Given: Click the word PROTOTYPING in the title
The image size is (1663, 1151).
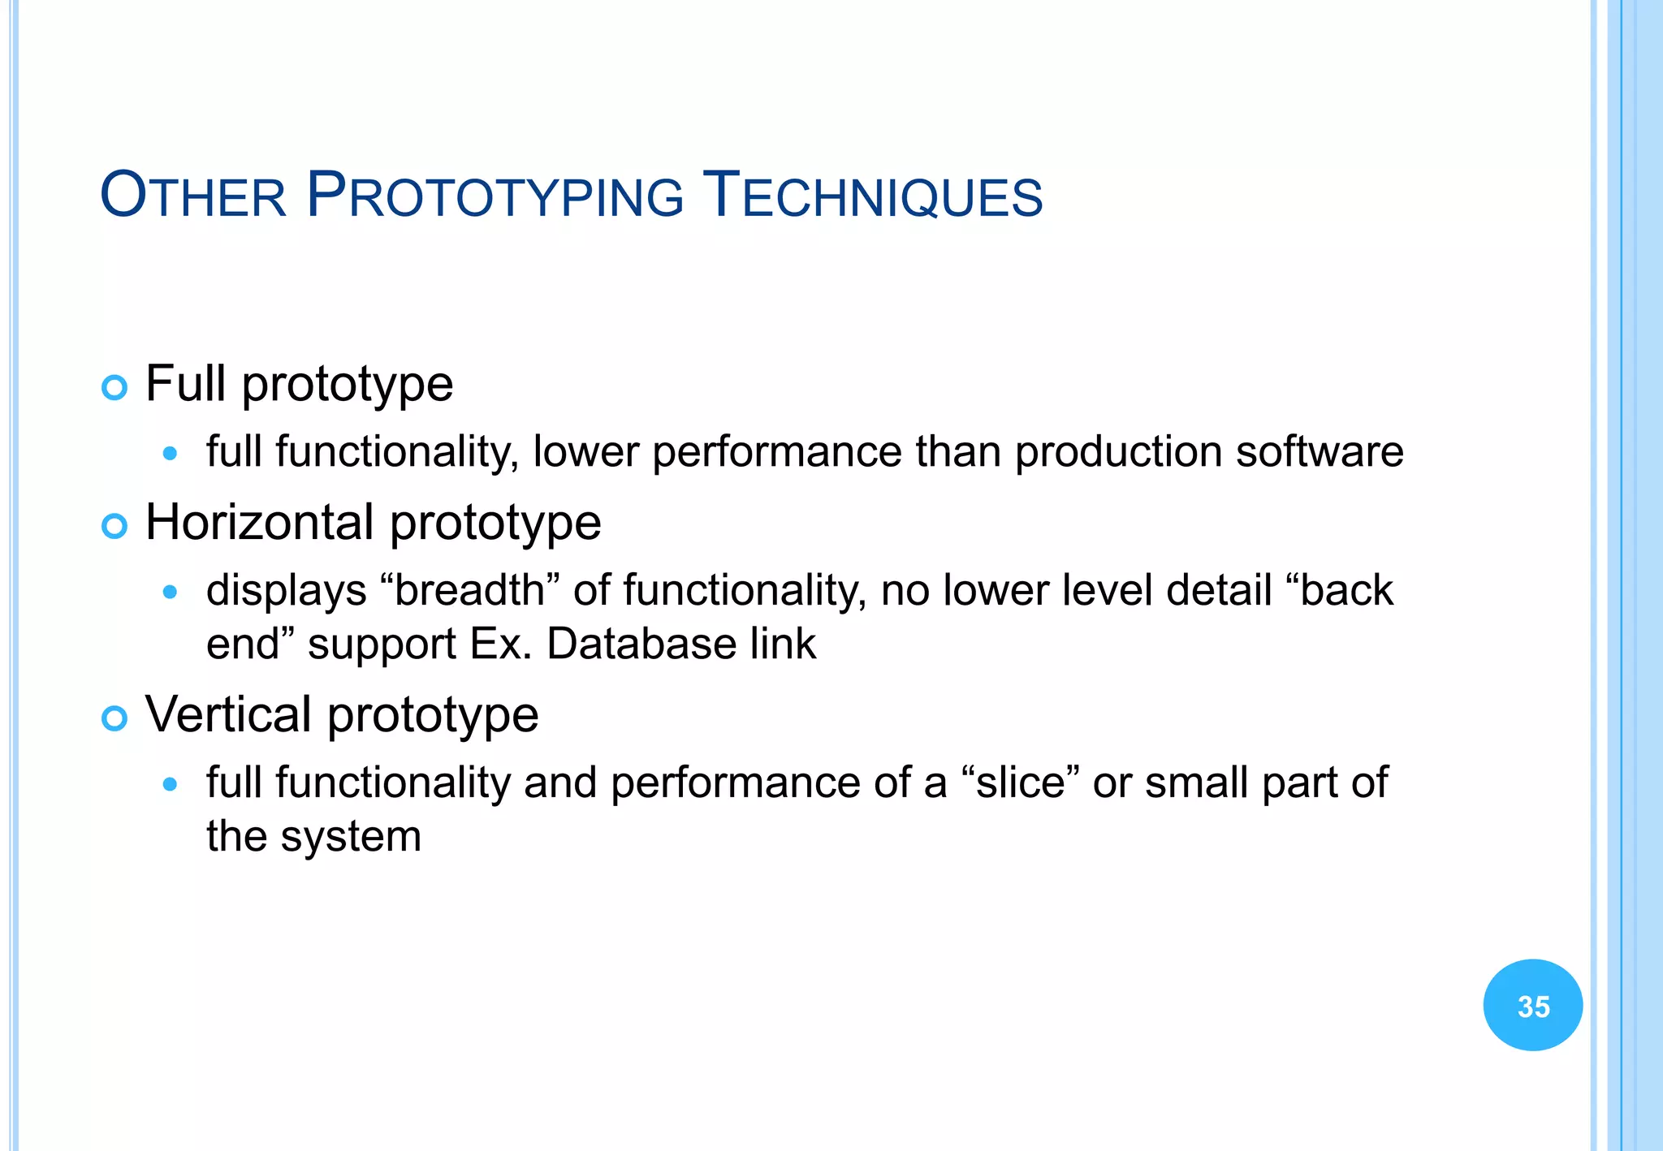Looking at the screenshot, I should click(x=495, y=197).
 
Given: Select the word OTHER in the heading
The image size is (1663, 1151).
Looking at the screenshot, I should click(x=193, y=197).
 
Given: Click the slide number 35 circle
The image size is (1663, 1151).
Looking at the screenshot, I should click(x=1532, y=1005).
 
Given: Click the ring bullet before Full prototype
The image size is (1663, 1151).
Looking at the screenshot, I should click(x=114, y=388).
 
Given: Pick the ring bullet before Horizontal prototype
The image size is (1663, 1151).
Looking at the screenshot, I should click(x=114, y=527).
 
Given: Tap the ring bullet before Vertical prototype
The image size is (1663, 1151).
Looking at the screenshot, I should click(x=114, y=718).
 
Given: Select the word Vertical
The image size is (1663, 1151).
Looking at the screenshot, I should click(x=228, y=714).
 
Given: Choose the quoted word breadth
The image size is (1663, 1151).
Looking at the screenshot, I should click(x=469, y=590).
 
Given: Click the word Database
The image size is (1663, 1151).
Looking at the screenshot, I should click(x=641, y=644).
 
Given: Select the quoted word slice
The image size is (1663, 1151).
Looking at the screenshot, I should click(x=1020, y=782).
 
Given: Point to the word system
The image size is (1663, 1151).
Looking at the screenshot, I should click(x=351, y=838).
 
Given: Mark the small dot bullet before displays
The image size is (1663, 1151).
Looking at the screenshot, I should click(x=170, y=593).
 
